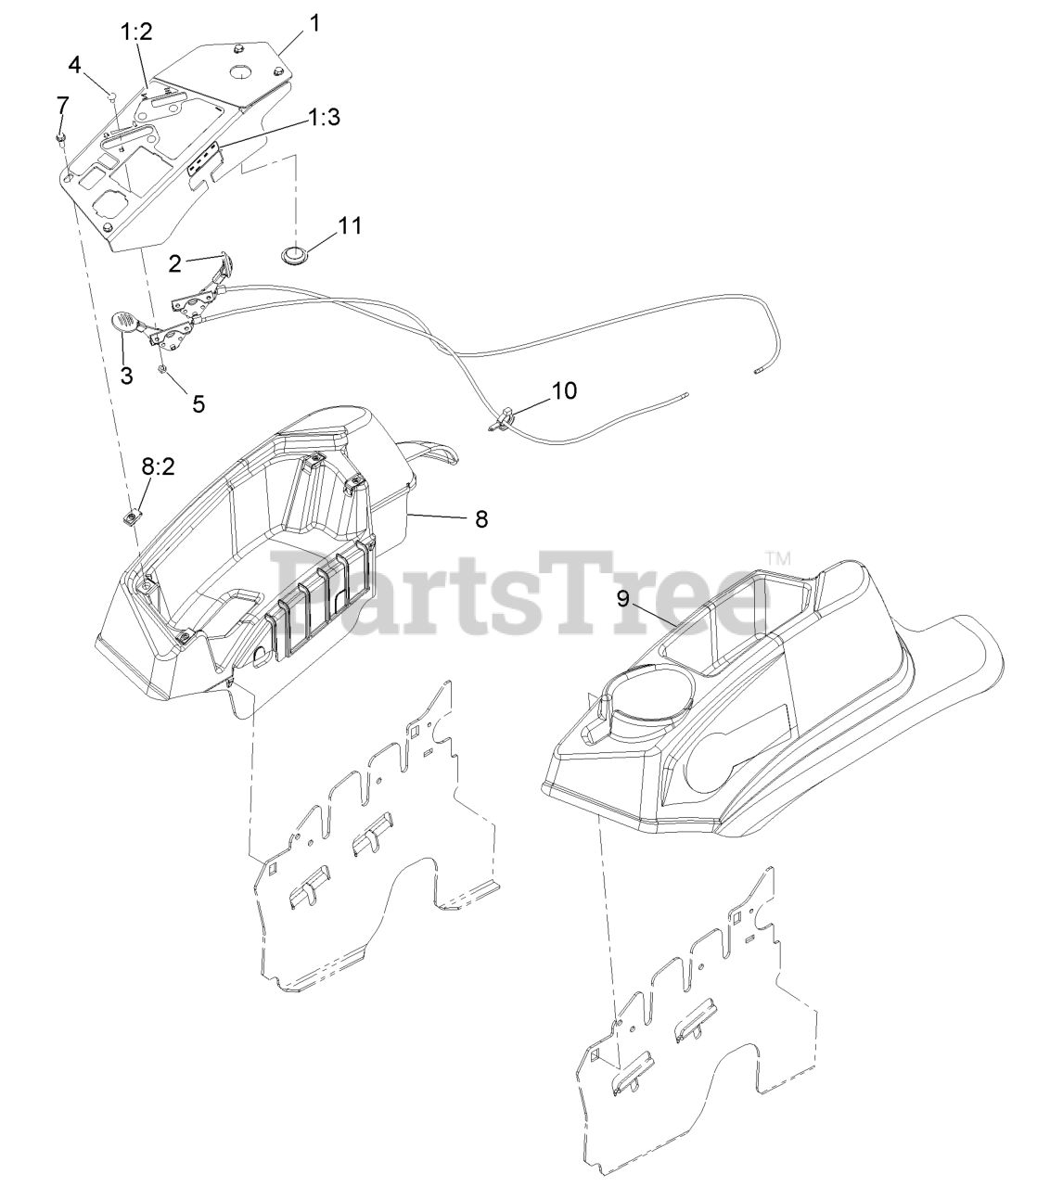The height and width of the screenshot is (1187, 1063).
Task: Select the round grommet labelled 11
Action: click(296, 254)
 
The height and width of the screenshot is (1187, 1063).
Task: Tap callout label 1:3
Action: click(324, 118)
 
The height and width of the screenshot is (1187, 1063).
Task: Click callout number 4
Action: click(74, 64)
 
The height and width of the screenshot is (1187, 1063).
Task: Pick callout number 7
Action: click(62, 101)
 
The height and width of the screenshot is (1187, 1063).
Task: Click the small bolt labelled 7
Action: click(59, 139)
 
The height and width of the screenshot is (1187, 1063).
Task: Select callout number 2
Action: click(174, 263)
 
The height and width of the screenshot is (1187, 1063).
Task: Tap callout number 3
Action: click(127, 377)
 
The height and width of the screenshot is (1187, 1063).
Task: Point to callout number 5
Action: click(198, 403)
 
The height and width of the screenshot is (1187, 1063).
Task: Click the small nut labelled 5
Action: click(163, 370)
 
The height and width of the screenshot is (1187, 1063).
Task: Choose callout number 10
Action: click(563, 390)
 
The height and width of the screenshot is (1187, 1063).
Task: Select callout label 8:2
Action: click(157, 467)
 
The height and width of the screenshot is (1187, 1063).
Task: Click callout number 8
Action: click(481, 519)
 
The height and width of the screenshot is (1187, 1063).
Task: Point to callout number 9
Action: click(623, 599)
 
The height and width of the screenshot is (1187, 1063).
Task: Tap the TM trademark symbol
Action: click(777, 558)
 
